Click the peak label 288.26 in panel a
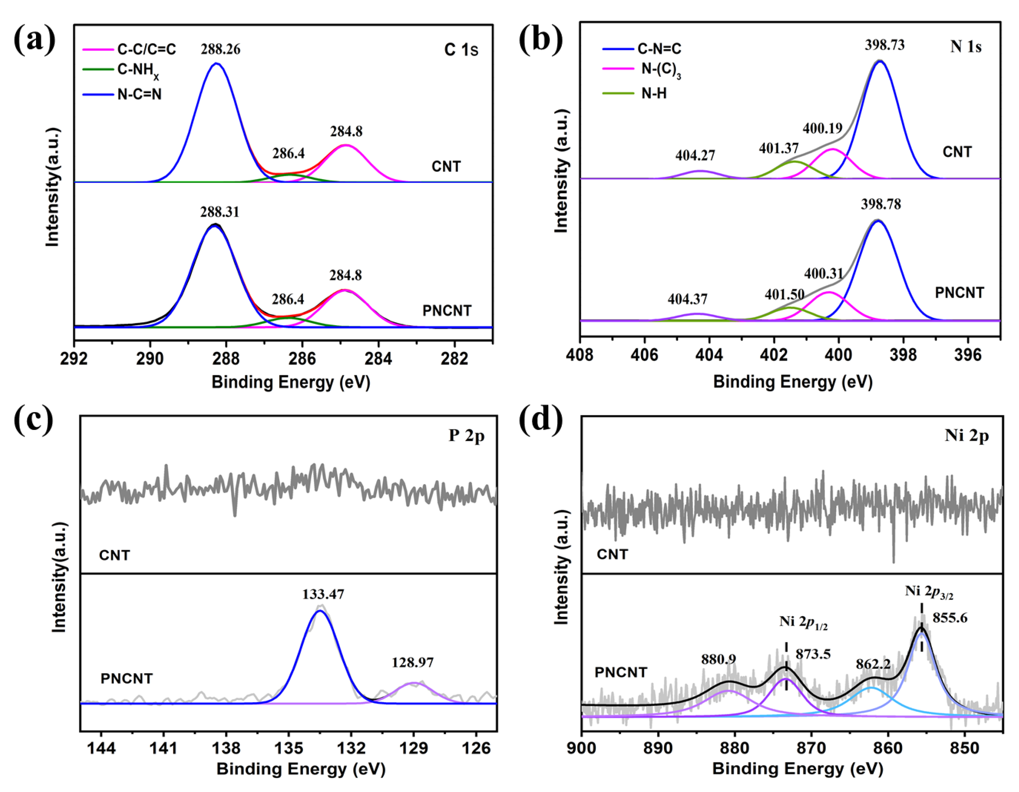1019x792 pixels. (220, 49)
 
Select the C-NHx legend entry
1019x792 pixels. (138, 70)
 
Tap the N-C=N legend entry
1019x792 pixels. (139, 94)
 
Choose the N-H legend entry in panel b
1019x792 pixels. (654, 93)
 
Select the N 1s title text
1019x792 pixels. (965, 47)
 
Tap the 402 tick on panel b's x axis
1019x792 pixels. (774, 356)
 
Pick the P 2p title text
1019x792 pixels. (467, 435)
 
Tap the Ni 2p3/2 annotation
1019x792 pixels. (928, 592)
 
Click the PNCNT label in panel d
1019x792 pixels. (621, 673)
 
